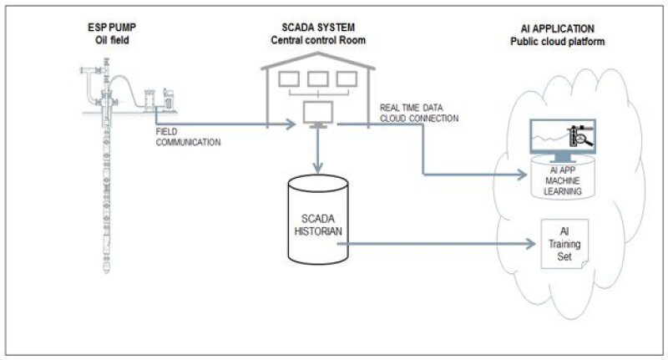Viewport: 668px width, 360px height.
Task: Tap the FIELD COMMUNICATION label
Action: (189, 137)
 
